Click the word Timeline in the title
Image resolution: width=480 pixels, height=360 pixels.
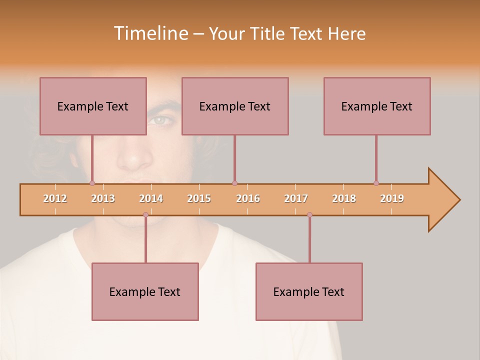150,33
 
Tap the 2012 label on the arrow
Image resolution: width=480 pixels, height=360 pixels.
55,198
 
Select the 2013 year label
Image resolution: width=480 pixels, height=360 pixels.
103,198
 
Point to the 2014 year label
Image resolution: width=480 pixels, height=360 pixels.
151,198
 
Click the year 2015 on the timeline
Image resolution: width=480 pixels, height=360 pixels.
199,198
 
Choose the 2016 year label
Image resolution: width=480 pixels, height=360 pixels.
248,198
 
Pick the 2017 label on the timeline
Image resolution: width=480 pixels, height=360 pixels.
296,198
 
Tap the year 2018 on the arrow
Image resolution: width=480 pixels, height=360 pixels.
344,198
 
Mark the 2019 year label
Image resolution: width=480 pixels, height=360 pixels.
392,198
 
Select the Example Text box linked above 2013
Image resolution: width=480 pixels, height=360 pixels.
93,106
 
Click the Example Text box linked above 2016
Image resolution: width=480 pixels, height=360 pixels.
235,106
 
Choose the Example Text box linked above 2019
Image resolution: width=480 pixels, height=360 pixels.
377,106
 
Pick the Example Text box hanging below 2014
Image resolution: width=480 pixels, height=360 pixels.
145,291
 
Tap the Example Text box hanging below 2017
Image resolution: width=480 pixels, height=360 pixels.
309,291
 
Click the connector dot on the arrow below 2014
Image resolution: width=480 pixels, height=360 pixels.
145,214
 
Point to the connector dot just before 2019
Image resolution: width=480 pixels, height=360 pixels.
376,183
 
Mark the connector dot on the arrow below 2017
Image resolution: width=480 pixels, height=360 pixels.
309,214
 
